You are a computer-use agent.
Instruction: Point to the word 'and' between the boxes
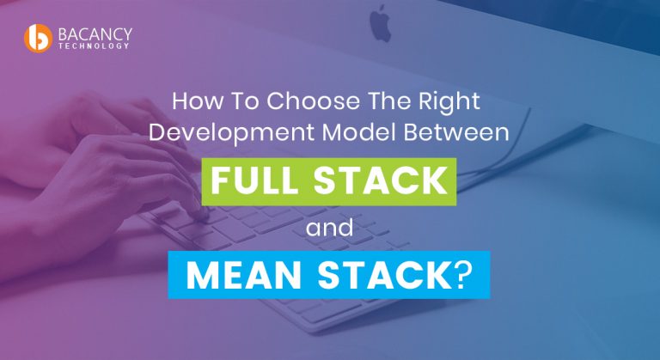pyautogui.click(x=331, y=229)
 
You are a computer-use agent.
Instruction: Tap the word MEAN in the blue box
pyautogui.click(x=241, y=275)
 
